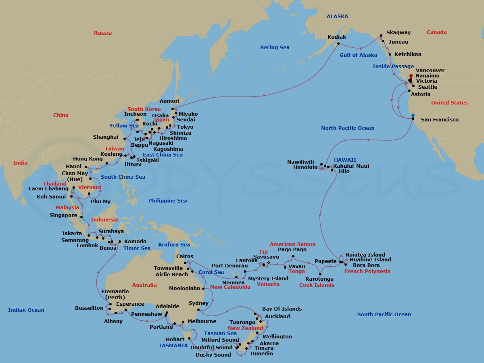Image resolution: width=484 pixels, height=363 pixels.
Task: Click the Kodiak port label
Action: coord(337,37)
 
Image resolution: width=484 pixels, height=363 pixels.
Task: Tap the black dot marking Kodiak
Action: coord(338,44)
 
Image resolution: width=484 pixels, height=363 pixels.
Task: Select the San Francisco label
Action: coord(440,120)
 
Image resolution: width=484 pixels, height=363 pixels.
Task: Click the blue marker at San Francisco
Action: coord(413,115)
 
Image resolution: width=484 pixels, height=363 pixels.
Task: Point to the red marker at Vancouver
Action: coord(411,76)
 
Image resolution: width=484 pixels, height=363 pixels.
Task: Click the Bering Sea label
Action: coord(275,48)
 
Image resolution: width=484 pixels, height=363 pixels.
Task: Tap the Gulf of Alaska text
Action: coord(358,55)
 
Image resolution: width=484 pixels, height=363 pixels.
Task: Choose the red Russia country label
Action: coord(103,33)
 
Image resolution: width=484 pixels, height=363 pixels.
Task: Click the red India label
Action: coord(21,163)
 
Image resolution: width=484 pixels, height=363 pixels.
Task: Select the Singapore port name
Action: coord(63,215)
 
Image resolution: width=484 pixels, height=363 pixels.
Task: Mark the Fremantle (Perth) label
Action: coord(115,294)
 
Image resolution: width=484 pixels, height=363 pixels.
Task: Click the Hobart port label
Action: coord(175,340)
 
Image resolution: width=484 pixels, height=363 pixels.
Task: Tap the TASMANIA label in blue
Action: coord(173,346)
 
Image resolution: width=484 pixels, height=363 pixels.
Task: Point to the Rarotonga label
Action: coord(320,279)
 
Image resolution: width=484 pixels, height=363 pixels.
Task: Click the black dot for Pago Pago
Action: coord(293,257)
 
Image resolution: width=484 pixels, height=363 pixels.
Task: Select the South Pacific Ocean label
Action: coord(384,315)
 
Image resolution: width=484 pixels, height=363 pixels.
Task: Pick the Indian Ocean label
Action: coord(26,310)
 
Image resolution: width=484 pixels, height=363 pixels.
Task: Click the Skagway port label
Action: coord(398,33)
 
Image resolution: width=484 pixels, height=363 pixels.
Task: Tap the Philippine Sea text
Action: coord(167,201)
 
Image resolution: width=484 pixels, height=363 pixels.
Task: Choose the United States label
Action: coord(449,103)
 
